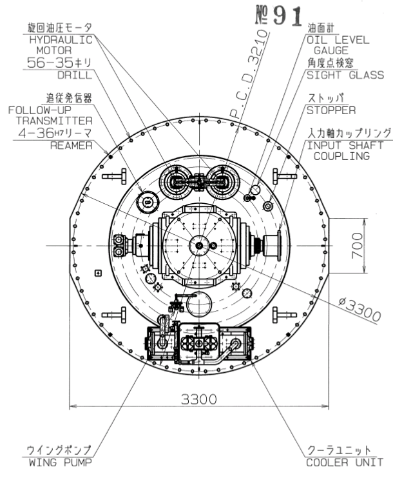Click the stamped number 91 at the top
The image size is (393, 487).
[x=287, y=16]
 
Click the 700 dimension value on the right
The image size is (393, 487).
[x=358, y=245]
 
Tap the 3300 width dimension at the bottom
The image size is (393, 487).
[x=199, y=399]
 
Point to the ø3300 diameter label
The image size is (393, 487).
[x=359, y=310]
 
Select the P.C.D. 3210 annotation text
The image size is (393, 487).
[x=249, y=74]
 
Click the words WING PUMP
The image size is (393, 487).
[x=61, y=462]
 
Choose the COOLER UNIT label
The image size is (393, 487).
[x=345, y=462]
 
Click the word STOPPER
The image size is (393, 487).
[x=331, y=110]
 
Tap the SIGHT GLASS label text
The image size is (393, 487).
[x=345, y=75]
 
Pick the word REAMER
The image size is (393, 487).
[x=72, y=146]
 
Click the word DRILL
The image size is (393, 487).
[x=75, y=75]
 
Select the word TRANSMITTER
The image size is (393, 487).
[x=55, y=121]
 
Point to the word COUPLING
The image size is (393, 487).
[x=341, y=156]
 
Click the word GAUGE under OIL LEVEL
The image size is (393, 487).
[x=331, y=50]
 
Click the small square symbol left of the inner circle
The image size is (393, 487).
[x=99, y=273]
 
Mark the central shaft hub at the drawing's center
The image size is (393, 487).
[x=199, y=246]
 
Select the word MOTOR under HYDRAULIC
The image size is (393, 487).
[x=54, y=50]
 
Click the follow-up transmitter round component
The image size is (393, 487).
[x=148, y=202]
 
